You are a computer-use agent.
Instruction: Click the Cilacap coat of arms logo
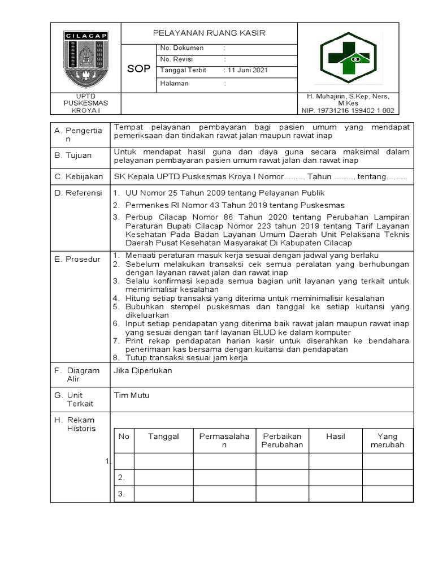(86, 58)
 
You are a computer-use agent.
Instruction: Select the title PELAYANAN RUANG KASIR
(209, 33)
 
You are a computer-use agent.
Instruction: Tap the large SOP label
(138, 69)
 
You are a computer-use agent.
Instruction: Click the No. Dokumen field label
(182, 48)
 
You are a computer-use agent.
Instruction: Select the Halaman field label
(175, 84)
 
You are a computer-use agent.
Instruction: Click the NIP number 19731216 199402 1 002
(348, 111)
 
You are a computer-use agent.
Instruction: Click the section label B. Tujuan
(73, 155)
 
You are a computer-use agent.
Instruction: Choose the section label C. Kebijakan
(79, 177)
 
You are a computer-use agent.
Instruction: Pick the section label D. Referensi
(79, 193)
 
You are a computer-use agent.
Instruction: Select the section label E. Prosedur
(77, 260)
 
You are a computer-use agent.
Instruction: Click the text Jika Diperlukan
(143, 370)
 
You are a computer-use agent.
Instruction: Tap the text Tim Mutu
(132, 395)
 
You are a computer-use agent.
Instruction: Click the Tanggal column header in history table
(163, 437)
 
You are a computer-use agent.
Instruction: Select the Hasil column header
(335, 437)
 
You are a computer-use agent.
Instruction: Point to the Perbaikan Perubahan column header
(282, 440)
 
